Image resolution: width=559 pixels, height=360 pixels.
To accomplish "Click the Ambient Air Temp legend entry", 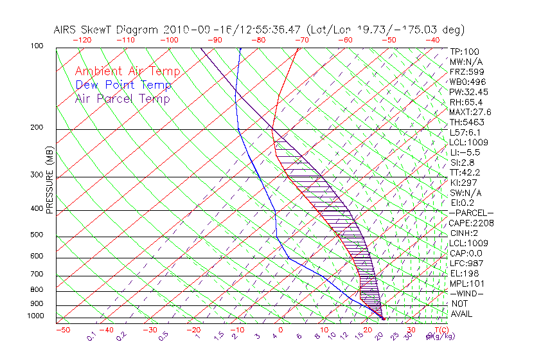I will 127,71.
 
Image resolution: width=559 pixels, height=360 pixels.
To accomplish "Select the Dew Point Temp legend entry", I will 123,85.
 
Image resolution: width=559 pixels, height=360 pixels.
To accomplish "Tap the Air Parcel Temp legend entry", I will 122,98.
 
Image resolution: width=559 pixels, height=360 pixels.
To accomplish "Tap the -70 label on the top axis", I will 301,40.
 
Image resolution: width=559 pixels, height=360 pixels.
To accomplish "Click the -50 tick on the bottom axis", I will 62,330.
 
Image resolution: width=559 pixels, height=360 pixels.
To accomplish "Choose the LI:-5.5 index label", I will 465,152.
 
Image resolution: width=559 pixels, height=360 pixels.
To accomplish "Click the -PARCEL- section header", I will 471,213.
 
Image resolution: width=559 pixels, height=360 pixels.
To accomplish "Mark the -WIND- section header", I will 466,293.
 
